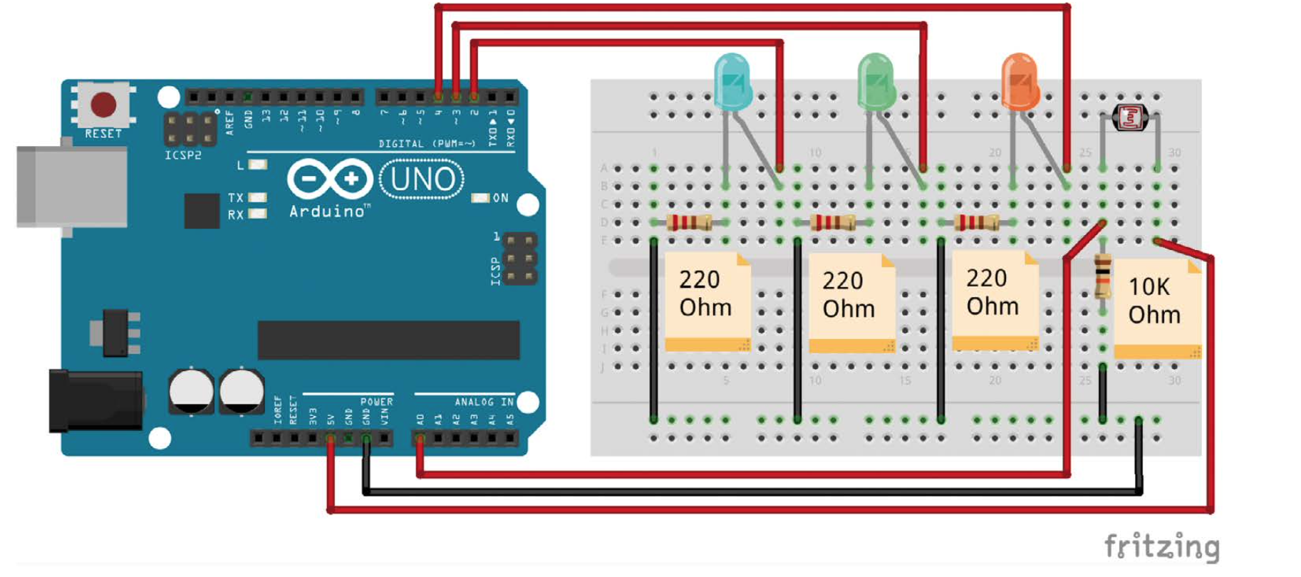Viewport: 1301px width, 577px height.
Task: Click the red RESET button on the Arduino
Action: pyautogui.click(x=103, y=105)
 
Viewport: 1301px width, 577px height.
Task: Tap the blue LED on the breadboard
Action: pyautogui.click(x=732, y=80)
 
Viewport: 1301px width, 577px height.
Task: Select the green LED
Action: pyautogui.click(x=876, y=80)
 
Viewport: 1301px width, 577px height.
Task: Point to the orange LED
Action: pyautogui.click(x=1020, y=80)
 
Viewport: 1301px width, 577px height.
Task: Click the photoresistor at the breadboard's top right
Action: pyautogui.click(x=1130, y=117)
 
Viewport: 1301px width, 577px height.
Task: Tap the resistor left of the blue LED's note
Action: pyautogui.click(x=689, y=222)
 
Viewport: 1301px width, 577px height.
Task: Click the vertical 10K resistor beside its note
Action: pyautogui.click(x=1102, y=276)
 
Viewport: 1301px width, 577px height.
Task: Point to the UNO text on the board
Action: pyautogui.click(x=422, y=179)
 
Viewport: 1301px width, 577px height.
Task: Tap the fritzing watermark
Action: pyautogui.click(x=1161, y=547)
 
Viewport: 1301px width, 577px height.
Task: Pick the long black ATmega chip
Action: pyautogui.click(x=388, y=340)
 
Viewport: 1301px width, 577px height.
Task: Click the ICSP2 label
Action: pyautogui.click(x=183, y=155)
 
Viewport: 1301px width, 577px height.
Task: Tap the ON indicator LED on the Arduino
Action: pyautogui.click(x=480, y=197)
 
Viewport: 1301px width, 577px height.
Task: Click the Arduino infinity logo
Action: pyautogui.click(x=330, y=178)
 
